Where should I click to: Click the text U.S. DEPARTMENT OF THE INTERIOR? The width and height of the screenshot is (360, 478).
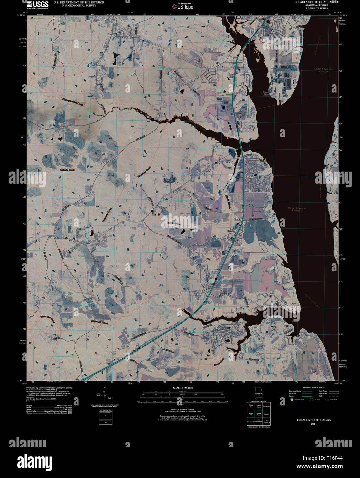point(79,2)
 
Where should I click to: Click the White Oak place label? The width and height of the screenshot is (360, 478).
point(274,328)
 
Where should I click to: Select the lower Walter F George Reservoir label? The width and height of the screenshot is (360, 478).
point(297,209)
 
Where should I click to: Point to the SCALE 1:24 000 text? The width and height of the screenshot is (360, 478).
point(183,388)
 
